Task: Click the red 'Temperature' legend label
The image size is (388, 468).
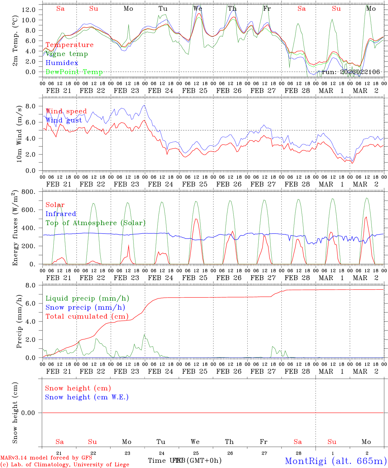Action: (x=69, y=45)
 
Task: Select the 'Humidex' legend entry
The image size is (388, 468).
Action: (x=62, y=63)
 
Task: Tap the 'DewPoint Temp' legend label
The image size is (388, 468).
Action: (x=74, y=72)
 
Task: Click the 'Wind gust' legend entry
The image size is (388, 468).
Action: (x=64, y=120)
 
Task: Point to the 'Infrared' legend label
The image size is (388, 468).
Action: (x=61, y=214)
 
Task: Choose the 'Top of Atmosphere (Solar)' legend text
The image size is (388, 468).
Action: (x=96, y=223)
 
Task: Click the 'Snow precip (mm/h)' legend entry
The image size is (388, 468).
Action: (x=85, y=307)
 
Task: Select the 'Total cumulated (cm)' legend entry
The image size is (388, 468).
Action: (x=87, y=317)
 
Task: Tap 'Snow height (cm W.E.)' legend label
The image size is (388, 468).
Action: (x=87, y=397)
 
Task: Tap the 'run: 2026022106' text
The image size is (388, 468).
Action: (x=351, y=72)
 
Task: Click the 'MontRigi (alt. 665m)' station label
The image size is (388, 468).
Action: (x=336, y=461)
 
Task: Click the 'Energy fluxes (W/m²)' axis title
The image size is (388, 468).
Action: (x=15, y=228)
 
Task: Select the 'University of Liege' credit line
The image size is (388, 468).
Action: (x=65, y=465)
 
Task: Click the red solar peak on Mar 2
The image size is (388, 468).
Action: (x=366, y=217)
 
